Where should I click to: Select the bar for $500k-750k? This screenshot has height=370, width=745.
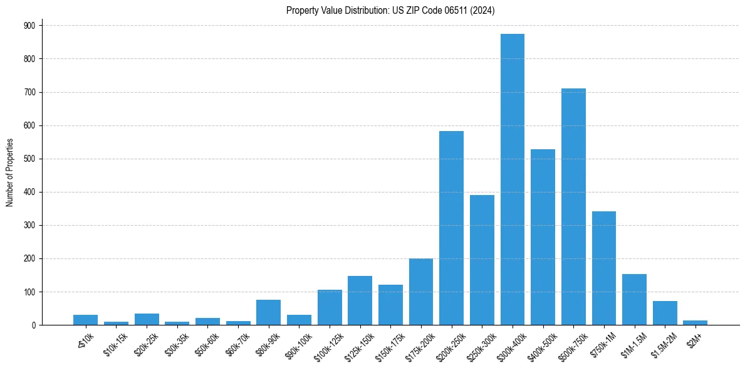coord(573,207)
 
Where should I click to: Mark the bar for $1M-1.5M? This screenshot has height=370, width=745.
coord(634,300)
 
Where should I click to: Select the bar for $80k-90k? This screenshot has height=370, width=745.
coord(268,312)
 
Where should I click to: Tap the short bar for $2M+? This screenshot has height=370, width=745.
coord(696,322)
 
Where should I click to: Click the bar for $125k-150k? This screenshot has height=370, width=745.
coord(360,300)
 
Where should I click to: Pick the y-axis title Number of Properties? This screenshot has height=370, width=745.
coord(9,172)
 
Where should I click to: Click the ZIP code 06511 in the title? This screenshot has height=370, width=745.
coord(447,10)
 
